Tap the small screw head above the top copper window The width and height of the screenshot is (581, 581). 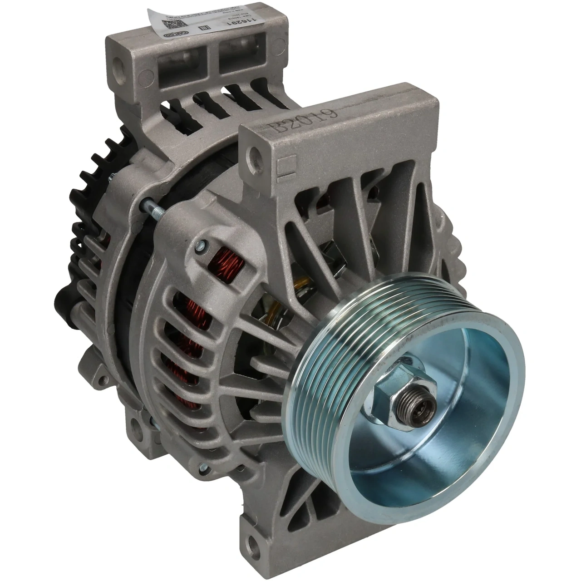click(x=200, y=247)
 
